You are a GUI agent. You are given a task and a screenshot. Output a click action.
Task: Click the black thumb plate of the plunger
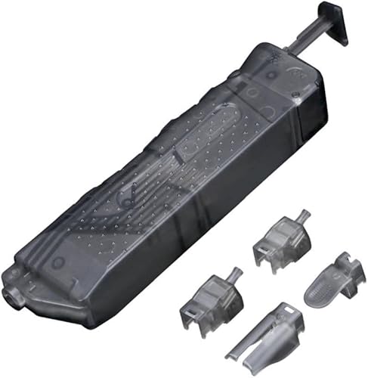334,23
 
